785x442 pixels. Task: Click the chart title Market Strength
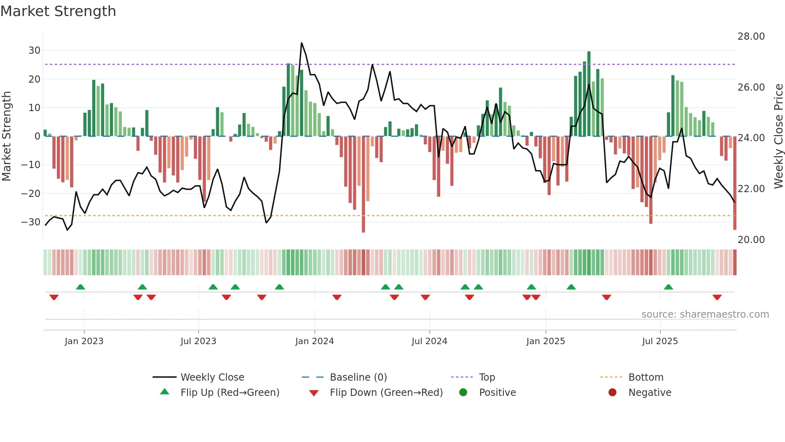click(58, 11)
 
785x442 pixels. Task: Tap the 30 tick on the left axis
click(34, 51)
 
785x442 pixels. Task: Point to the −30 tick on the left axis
click(31, 222)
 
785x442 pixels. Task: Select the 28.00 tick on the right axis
click(751, 36)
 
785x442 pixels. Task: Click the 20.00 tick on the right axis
click(751, 240)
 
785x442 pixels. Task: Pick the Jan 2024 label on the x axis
click(314, 341)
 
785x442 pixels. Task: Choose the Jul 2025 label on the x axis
click(660, 341)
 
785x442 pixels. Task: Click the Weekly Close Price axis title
click(778, 136)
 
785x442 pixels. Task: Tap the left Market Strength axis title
click(6, 136)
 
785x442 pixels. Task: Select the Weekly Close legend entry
click(212, 377)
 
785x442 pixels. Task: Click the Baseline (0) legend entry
click(358, 377)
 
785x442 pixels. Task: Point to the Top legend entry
click(487, 377)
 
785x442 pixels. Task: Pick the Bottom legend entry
click(646, 377)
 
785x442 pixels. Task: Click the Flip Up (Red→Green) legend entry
click(229, 393)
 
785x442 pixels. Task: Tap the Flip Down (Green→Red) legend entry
click(386, 393)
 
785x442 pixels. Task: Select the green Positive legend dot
click(463, 392)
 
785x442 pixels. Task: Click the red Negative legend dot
click(612, 392)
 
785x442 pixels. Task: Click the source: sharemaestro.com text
click(705, 314)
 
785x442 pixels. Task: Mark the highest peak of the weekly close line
click(302, 43)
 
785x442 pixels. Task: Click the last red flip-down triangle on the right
click(717, 297)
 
